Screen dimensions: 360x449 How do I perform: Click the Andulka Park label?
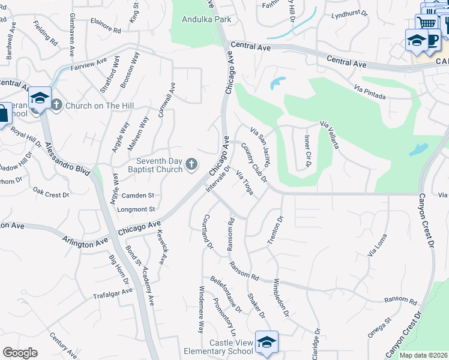[x=206, y=19]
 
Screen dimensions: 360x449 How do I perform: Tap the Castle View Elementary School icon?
[x=267, y=341]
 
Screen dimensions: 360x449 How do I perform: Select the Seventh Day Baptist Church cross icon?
[x=191, y=164]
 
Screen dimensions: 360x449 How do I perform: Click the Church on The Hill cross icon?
[x=56, y=105]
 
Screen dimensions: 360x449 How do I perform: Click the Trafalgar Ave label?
[x=112, y=293]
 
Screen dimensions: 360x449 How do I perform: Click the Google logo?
[x=20, y=353]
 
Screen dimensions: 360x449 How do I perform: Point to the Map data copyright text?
[x=423, y=355]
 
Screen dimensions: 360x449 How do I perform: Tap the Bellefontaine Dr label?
[x=226, y=293]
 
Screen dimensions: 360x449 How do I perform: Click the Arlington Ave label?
[x=85, y=240]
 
